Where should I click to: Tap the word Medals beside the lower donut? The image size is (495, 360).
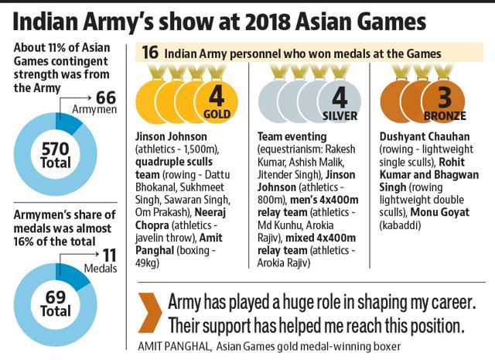click(x=108, y=270)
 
